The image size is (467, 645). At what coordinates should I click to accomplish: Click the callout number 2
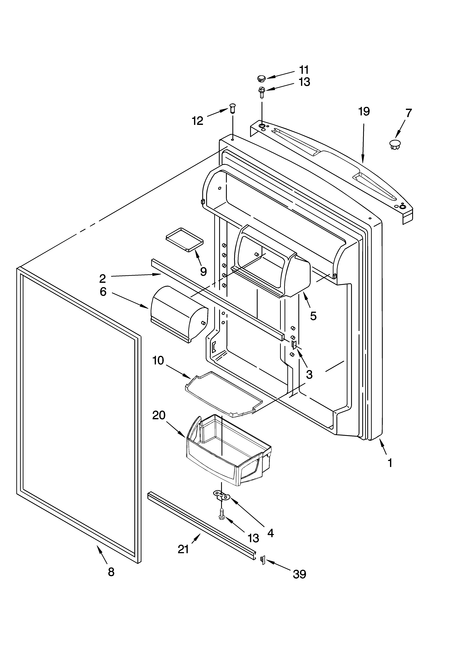(x=103, y=278)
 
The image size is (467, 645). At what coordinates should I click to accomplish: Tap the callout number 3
(x=309, y=375)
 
